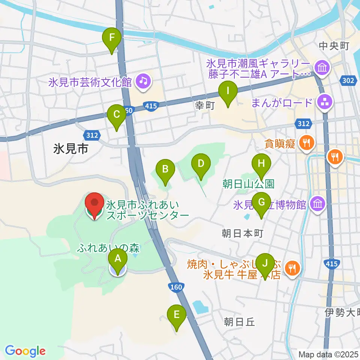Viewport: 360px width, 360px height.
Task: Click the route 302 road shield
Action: click(x=348, y=80)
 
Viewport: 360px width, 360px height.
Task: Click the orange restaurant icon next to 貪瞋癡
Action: click(x=307, y=142)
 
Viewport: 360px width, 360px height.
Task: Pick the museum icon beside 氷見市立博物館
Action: click(x=318, y=205)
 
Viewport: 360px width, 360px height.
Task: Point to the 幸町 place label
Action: click(x=205, y=106)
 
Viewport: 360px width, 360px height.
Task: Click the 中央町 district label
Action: click(x=334, y=46)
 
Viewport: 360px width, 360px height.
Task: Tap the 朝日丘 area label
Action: click(x=239, y=322)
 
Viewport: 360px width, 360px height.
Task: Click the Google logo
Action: click(x=25, y=351)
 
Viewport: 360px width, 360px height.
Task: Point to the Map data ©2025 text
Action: click(x=328, y=354)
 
